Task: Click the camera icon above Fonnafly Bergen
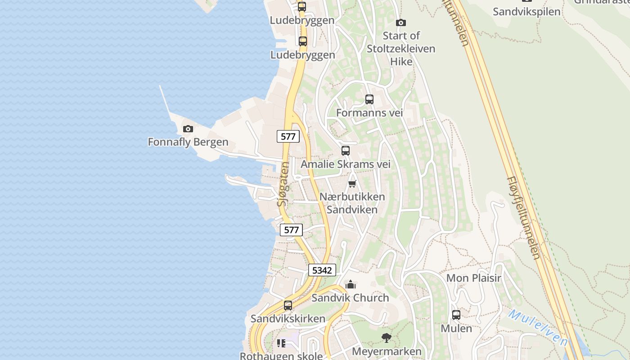pos(188,129)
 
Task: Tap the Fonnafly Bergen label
pos(188,142)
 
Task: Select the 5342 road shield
pos(322,270)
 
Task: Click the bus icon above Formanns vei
pos(369,99)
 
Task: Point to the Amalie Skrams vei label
pos(345,164)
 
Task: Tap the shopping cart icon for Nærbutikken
pos(352,184)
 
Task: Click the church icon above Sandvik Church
pos(351,284)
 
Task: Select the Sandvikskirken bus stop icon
pos(288,306)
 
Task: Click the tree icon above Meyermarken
pos(386,338)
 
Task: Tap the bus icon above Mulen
pos(456,315)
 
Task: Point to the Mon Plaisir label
pos(473,278)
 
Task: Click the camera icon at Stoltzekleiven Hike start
pos(401,22)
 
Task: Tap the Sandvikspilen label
pos(526,12)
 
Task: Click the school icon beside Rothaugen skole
pos(281,344)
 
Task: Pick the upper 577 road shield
pos(288,136)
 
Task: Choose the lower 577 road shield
pos(292,230)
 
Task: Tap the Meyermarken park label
pos(387,351)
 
